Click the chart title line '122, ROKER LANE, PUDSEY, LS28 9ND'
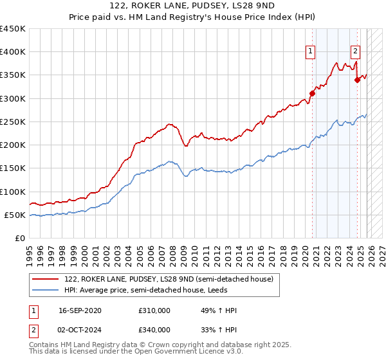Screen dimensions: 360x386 pos(192,6)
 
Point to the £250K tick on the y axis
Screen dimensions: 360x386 pos(13,122)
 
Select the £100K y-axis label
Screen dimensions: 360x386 pos(13,192)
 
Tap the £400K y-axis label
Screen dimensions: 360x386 pos(13,52)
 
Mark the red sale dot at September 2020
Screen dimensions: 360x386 pos(313,93)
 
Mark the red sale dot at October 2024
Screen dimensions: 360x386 pos(357,80)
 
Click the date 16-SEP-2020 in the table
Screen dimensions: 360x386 pos(79,310)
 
